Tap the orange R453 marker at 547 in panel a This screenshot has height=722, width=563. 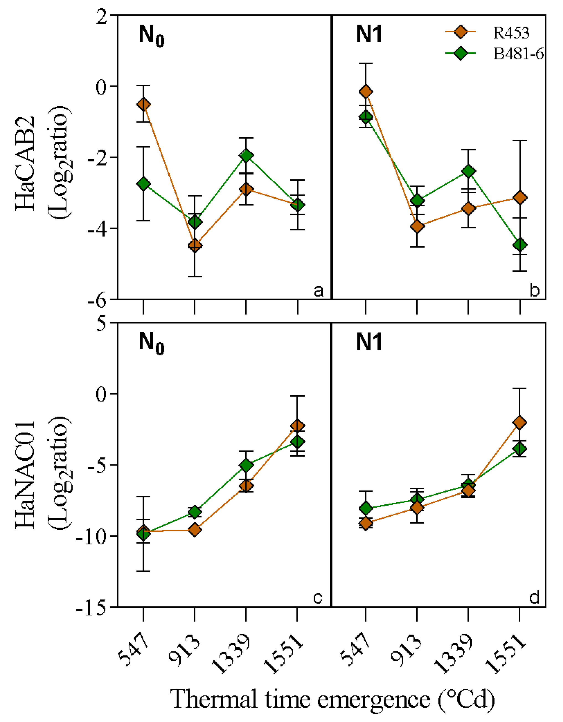coord(143,105)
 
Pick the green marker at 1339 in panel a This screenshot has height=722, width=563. coord(246,155)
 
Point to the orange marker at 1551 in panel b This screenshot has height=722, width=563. coord(520,198)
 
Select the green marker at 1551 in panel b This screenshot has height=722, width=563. coord(520,245)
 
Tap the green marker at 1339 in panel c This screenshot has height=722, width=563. coord(246,465)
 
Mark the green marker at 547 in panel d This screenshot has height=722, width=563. coord(366,508)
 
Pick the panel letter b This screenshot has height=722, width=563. coord(535,290)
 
